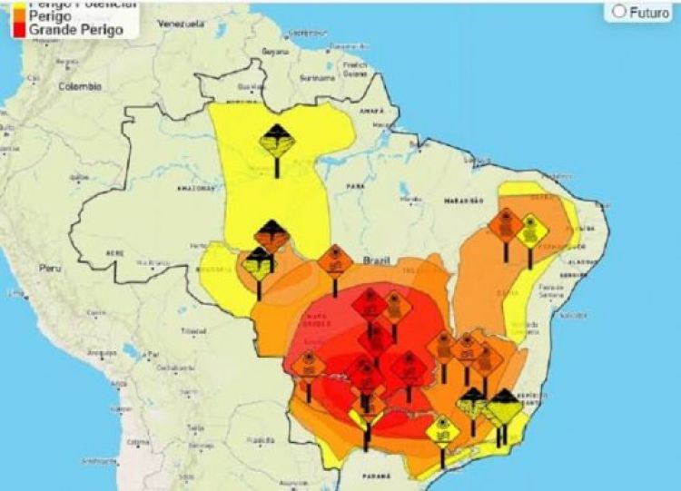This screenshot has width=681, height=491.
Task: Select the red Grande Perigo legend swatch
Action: [x=19, y=30]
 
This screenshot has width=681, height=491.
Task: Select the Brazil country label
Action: [x=376, y=260]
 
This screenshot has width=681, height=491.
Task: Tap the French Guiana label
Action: [x=355, y=67]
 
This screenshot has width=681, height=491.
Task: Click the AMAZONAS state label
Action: [x=192, y=188]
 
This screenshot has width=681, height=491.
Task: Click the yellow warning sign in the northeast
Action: [x=531, y=230]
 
